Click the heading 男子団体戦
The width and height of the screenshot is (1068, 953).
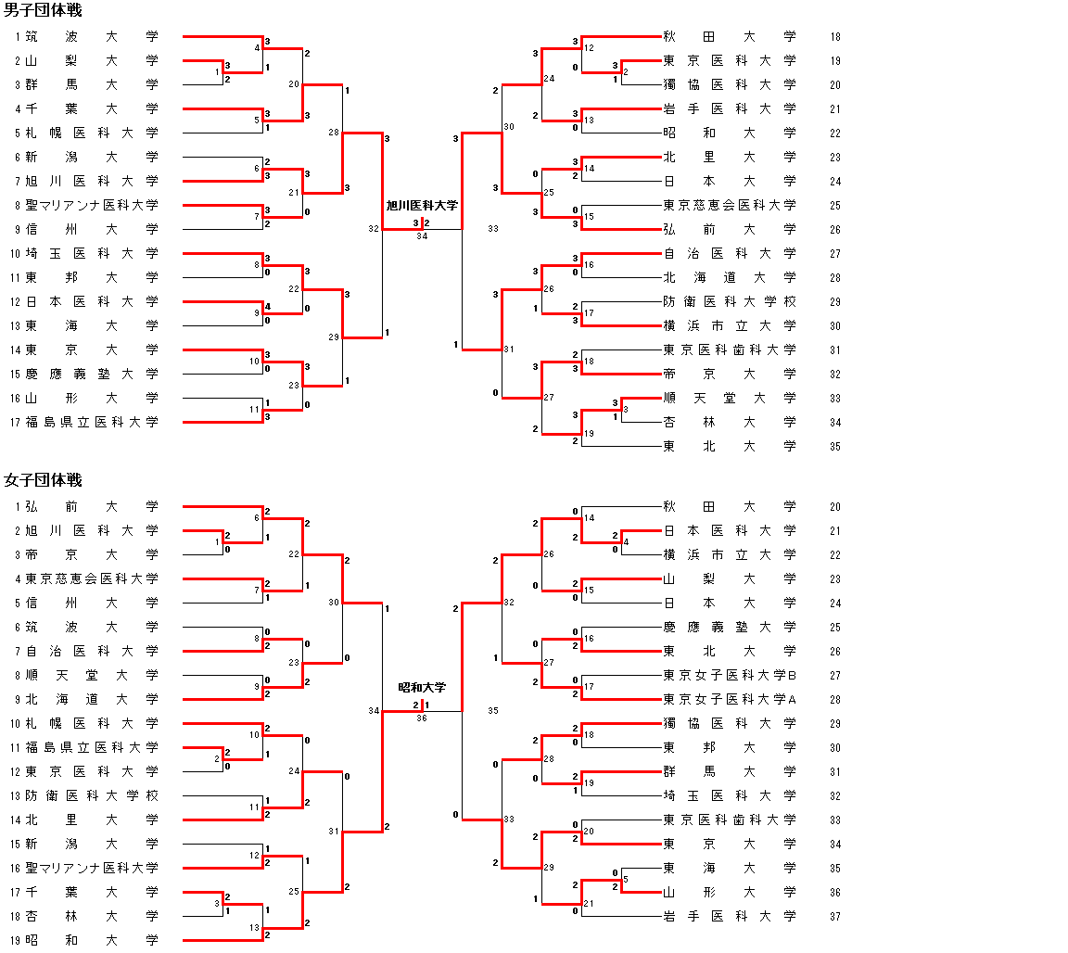pos(43,11)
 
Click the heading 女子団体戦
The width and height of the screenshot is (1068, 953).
pos(43,480)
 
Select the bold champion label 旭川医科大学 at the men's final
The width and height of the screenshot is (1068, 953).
pos(422,205)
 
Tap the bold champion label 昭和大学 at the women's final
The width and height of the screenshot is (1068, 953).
pos(422,687)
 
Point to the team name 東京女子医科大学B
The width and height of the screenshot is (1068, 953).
pos(730,675)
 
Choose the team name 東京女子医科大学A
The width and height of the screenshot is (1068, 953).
pos(730,699)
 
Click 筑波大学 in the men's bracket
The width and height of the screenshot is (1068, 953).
pos(92,37)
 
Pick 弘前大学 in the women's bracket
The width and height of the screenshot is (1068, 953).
pos(92,506)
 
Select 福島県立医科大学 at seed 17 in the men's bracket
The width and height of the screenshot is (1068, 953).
pos(92,422)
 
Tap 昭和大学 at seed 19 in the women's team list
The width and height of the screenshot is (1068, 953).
pos(92,940)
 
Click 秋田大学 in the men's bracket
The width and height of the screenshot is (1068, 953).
pos(730,37)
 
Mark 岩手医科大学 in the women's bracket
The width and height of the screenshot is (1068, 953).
pos(730,916)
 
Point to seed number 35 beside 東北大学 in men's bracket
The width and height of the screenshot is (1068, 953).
pos(835,446)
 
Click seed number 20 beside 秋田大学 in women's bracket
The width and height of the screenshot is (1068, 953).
pos(835,507)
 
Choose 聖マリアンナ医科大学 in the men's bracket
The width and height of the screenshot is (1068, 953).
pos(92,205)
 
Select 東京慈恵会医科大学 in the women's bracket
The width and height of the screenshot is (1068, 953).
pos(92,578)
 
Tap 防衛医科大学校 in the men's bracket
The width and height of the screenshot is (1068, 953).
pos(730,301)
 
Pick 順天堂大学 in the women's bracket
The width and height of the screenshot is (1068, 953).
pos(92,675)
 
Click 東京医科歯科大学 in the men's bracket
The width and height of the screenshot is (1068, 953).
pos(730,349)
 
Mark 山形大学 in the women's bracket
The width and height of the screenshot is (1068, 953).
pos(730,892)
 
